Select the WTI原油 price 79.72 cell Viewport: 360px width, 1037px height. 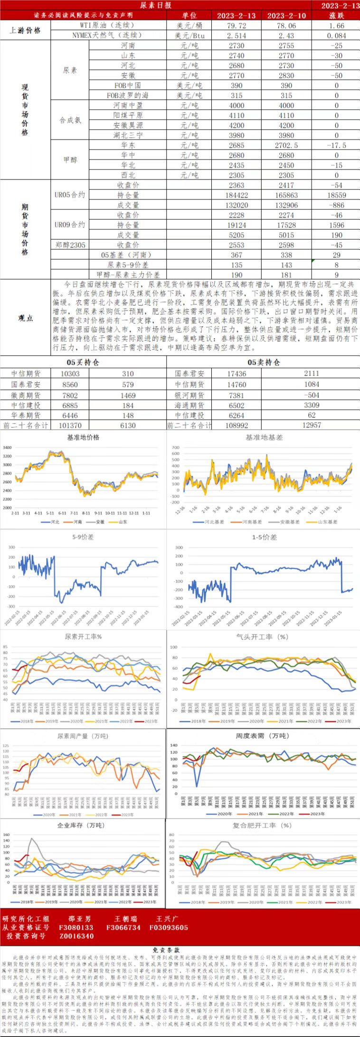point(236,26)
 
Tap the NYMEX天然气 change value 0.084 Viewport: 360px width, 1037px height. point(337,36)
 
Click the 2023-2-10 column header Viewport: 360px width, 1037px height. point(286,16)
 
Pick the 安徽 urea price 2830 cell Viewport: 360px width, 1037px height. point(286,75)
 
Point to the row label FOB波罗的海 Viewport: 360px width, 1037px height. point(128,95)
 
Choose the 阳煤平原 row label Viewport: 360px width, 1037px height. point(128,115)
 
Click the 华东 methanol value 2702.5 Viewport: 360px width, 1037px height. point(286,145)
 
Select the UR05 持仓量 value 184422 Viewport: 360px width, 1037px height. point(236,195)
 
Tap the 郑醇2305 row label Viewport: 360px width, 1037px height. point(70,245)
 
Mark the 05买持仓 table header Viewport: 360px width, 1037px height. point(83,362)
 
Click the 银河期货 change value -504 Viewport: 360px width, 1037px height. point(312,395)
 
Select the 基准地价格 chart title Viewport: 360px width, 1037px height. point(83,437)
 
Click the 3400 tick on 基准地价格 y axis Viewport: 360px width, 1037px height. point(7,448)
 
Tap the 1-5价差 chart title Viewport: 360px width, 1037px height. point(264,537)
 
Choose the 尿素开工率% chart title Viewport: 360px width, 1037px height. point(83,637)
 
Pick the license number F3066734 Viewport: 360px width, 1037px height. point(123,927)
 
